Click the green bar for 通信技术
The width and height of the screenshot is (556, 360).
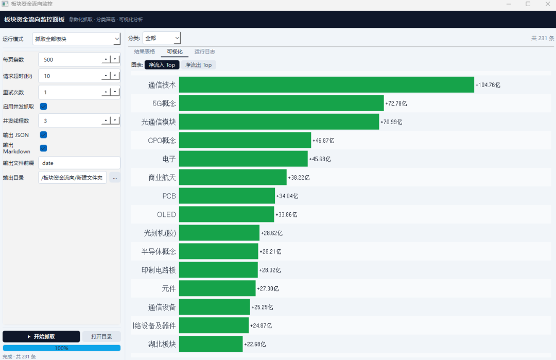326,84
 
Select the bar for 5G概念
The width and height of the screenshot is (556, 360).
281,103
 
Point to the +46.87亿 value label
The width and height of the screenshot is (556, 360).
323,141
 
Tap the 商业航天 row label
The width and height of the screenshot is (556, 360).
162,178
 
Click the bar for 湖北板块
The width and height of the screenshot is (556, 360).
211,344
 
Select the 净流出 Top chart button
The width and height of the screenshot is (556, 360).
198,65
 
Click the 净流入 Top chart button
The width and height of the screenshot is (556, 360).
162,65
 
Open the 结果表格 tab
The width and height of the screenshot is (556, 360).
144,52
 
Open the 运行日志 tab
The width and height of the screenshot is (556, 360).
204,52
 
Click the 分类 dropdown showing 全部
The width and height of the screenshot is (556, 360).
162,38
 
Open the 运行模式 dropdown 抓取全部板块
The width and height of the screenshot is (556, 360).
76,39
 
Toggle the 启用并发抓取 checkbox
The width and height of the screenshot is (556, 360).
44,107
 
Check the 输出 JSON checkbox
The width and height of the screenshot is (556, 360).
44,135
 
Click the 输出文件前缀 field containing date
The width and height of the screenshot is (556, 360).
79,163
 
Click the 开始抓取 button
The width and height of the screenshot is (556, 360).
41,336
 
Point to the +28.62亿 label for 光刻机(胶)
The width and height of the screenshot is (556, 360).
272,233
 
